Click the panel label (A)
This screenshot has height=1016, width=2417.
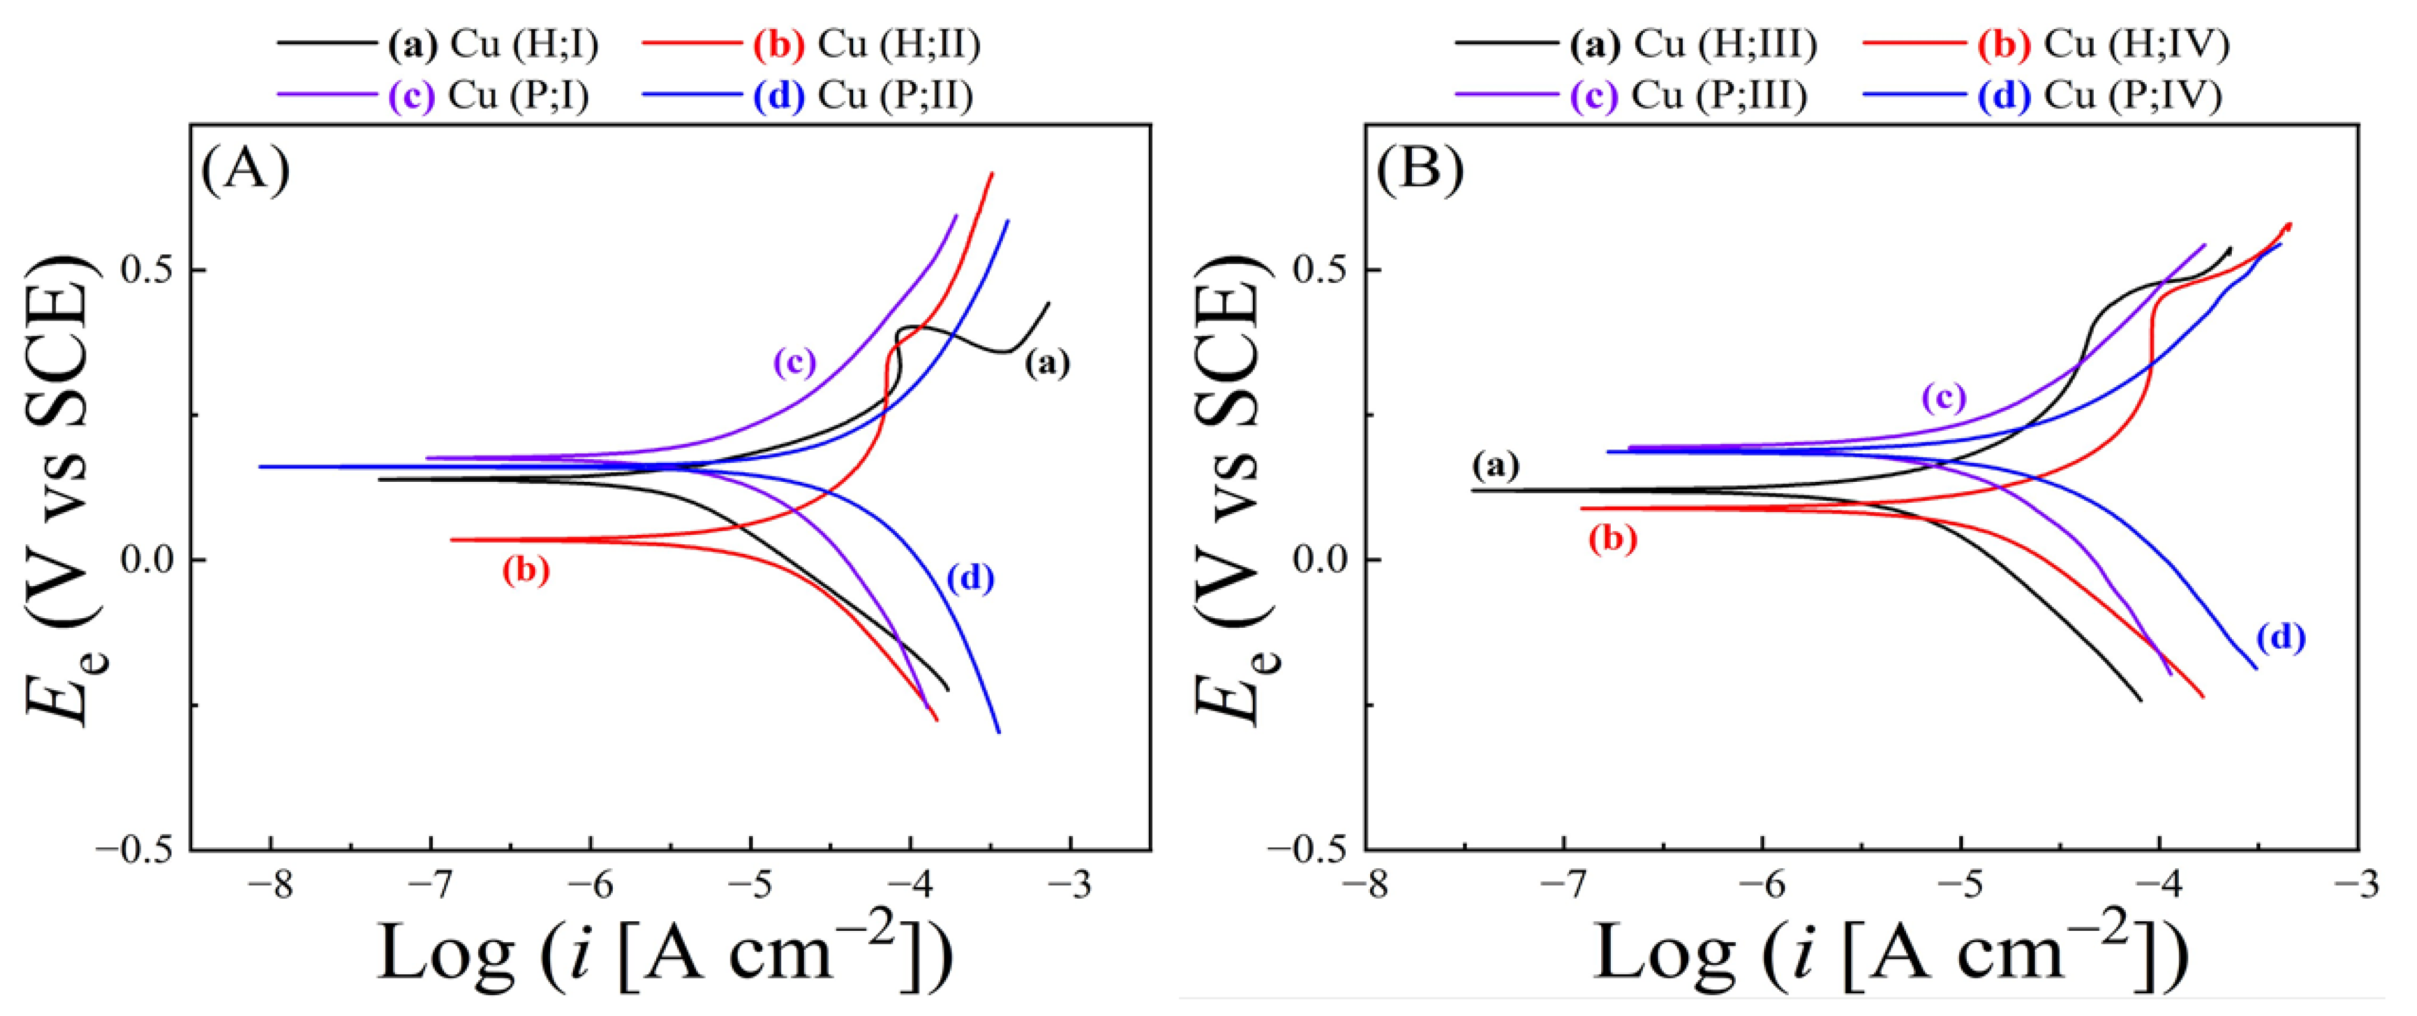[x=246, y=171]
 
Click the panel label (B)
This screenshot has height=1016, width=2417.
[x=1420, y=171]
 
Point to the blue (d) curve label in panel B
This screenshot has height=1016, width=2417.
[x=2280, y=638]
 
